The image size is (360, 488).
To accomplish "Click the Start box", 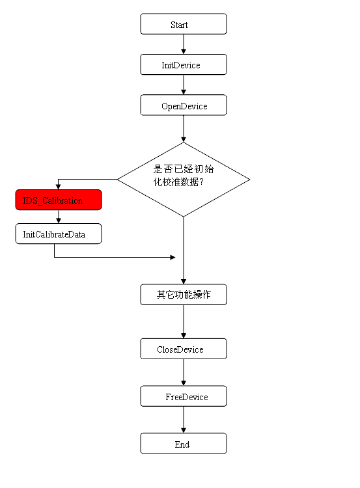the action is [x=184, y=24].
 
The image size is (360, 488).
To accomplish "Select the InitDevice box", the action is [x=184, y=64].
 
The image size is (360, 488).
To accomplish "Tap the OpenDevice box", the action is [x=184, y=105].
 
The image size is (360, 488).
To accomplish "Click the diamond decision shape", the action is [x=184, y=180].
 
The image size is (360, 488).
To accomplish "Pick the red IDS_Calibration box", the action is [x=59, y=200].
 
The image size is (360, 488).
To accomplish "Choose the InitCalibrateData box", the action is [x=59, y=234].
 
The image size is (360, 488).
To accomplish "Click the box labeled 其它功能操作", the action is [x=184, y=294].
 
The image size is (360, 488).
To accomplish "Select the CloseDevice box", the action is [x=184, y=349].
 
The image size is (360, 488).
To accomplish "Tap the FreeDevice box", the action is [x=184, y=396].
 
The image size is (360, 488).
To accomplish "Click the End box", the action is [x=184, y=444].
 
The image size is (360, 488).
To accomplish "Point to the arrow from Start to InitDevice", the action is [x=184, y=44].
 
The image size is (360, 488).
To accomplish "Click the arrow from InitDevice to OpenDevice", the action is [x=184, y=85].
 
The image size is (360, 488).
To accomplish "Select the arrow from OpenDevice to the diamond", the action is [x=184, y=129].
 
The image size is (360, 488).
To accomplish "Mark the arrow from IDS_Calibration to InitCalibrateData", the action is [x=59, y=217].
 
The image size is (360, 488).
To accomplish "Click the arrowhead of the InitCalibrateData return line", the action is [x=173, y=258].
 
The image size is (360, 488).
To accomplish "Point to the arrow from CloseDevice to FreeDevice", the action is [x=184, y=372].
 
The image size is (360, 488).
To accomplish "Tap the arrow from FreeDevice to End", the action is [x=184, y=420].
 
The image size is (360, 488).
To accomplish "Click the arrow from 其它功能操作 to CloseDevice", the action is [x=184, y=321].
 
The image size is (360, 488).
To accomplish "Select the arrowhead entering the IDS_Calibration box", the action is [x=58, y=187].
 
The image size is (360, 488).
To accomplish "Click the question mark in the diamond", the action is [x=201, y=182].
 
